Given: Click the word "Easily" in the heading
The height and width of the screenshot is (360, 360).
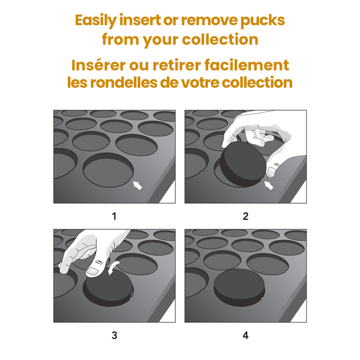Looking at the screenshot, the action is (96, 21).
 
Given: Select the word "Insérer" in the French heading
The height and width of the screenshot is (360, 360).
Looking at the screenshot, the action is (99, 65).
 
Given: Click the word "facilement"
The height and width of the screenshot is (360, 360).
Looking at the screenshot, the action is (246, 65).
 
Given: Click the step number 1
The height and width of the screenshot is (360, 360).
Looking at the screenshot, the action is (114, 217).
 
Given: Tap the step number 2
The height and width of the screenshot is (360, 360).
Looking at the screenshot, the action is (245, 217).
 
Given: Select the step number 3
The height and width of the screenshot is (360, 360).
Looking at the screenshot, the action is (114, 335).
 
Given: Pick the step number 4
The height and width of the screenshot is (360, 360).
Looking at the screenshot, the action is (245, 335).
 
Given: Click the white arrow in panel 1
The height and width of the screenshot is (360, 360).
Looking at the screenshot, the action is (137, 185).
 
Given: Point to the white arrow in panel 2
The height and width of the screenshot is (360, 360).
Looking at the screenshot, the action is (269, 185).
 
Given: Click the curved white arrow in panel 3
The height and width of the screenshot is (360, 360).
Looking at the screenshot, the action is (113, 267).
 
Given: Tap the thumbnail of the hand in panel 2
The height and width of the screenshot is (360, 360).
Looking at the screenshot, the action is (272, 172).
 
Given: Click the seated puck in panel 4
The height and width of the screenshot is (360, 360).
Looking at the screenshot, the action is (239, 287).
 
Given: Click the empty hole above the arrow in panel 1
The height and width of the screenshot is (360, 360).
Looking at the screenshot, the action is (108, 170).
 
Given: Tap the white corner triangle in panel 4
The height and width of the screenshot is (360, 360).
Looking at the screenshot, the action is (300, 313).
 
